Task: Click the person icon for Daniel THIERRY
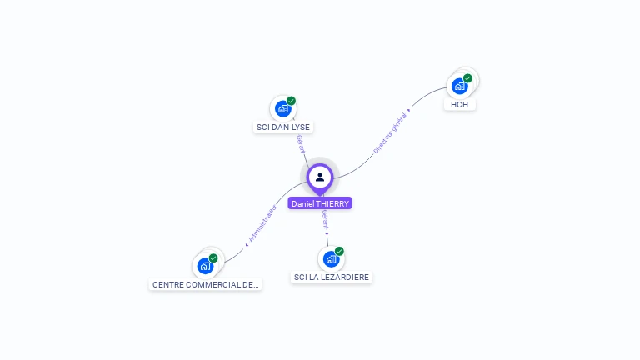pyautogui.click(x=320, y=177)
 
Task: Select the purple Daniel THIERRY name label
pyautogui.click(x=320, y=203)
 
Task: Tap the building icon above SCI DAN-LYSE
pyautogui.click(x=282, y=109)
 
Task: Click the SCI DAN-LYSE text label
pyautogui.click(x=283, y=127)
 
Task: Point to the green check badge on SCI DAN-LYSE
pyautogui.click(x=291, y=101)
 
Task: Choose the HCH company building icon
pyautogui.click(x=459, y=86)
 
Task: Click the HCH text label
pyautogui.click(x=459, y=105)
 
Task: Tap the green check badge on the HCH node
pyautogui.click(x=467, y=78)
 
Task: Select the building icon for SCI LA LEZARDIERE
pyautogui.click(x=331, y=259)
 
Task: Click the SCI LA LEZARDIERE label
pyautogui.click(x=332, y=277)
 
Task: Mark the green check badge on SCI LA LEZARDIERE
pyautogui.click(x=339, y=251)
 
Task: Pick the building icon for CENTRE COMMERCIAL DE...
pyautogui.click(x=205, y=267)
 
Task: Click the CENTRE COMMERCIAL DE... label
pyautogui.click(x=206, y=285)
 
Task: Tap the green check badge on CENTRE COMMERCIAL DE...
pyautogui.click(x=213, y=258)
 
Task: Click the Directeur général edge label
pyautogui.click(x=390, y=133)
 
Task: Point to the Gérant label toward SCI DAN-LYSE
pyautogui.click(x=300, y=142)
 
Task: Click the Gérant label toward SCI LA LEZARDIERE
pyautogui.click(x=326, y=221)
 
